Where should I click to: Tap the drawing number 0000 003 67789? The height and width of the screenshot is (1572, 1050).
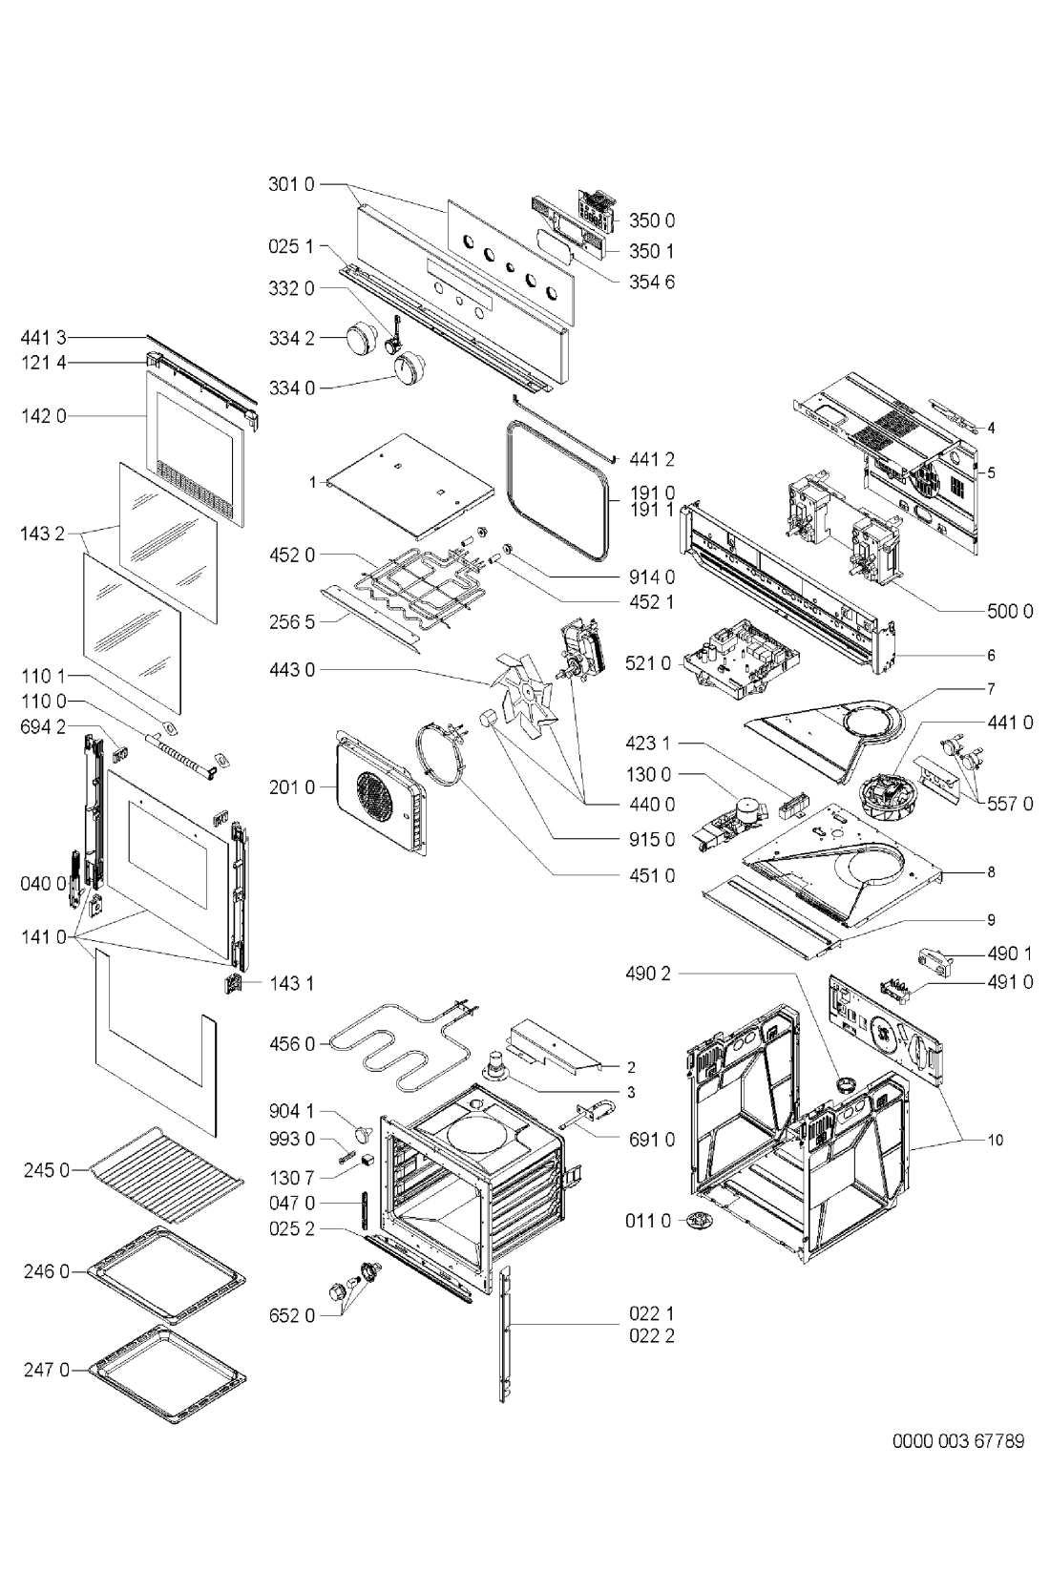click(x=958, y=1440)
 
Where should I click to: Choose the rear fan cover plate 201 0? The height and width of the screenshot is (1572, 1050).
click(x=379, y=788)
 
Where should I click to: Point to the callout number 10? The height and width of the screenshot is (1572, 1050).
click(x=996, y=1140)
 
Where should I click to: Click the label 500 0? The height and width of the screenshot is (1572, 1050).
click(x=1010, y=611)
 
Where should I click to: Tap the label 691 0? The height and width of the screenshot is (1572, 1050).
click(x=652, y=1139)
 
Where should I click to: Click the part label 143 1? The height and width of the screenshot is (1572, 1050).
click(x=291, y=983)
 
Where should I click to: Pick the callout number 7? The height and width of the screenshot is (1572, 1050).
click(x=992, y=687)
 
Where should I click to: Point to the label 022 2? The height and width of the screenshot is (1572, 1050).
click(x=652, y=1335)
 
